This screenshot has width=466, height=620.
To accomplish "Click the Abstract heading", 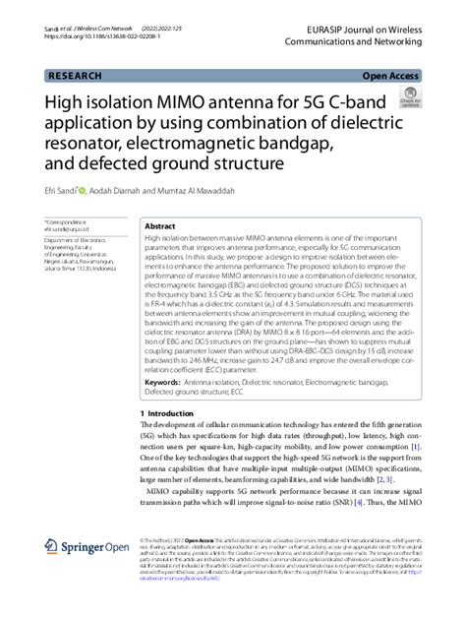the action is pos(160,225).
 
